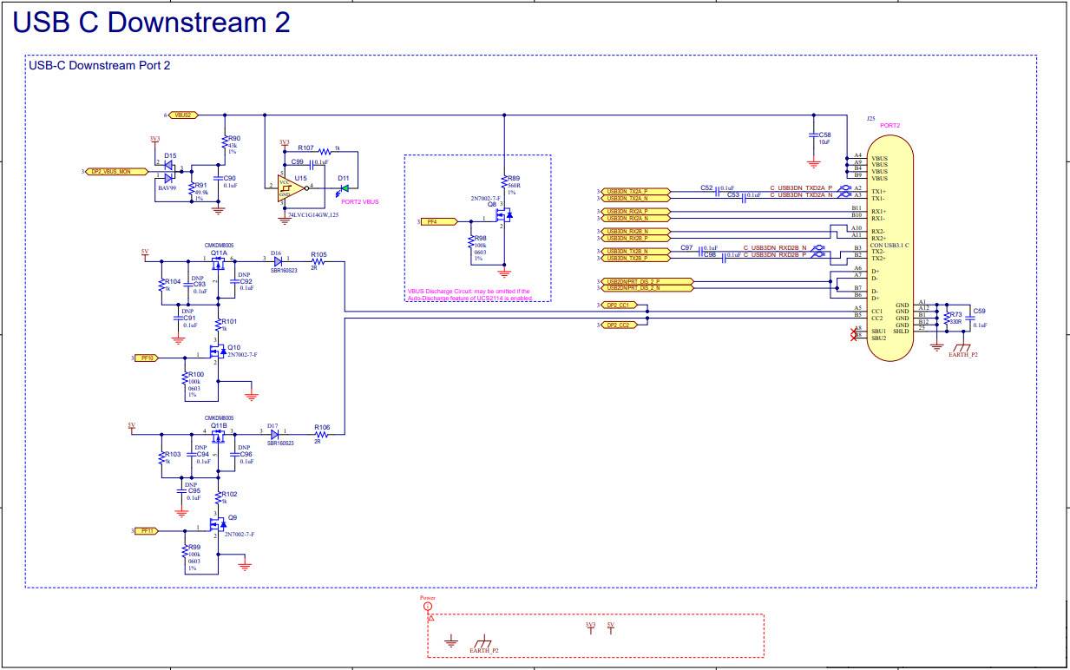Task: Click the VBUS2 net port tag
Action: [x=184, y=115]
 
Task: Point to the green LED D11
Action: [x=345, y=187]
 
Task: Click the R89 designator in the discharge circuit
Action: [x=514, y=177]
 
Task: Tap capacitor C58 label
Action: [x=825, y=135]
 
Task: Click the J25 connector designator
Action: [x=870, y=117]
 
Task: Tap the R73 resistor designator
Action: [x=956, y=315]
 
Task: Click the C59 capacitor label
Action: [x=980, y=311]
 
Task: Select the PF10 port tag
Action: [x=146, y=358]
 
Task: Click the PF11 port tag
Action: [x=146, y=529]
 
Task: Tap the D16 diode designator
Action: [x=275, y=252]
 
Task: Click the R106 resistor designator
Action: [x=322, y=427]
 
